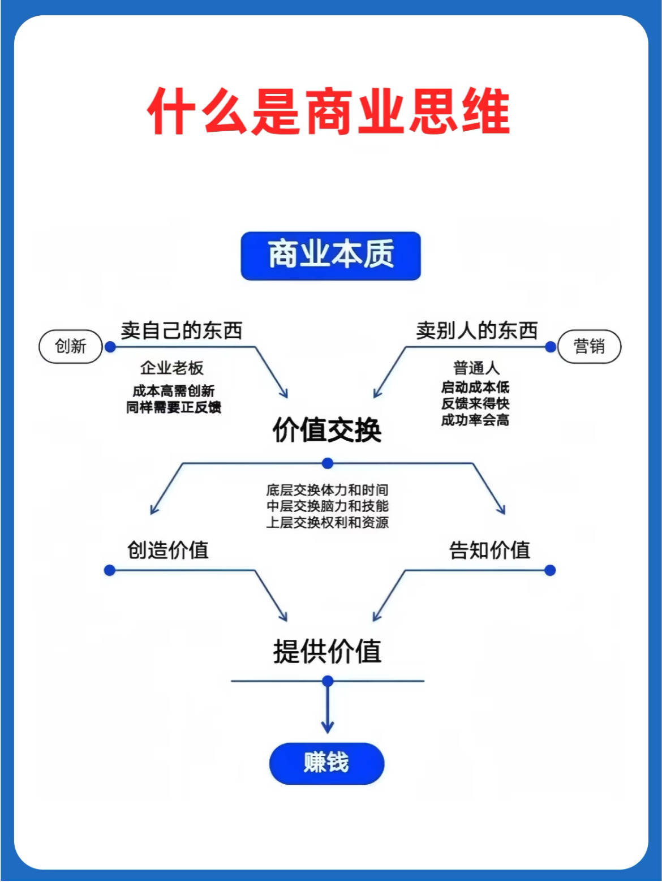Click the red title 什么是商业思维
(329, 111)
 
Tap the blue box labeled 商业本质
(330, 256)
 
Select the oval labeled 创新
(71, 346)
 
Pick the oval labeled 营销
(589, 346)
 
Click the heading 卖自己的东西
(182, 330)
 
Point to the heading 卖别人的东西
(477, 330)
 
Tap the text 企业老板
(172, 368)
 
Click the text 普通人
(476, 368)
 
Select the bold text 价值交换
(327, 430)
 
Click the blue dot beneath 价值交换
(328, 463)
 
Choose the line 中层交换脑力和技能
(328, 506)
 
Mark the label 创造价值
(168, 550)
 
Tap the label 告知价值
(489, 550)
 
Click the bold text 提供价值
(327, 651)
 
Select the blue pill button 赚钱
(326, 763)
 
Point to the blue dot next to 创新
(110, 347)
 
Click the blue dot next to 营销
(551, 347)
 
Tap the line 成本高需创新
(174, 390)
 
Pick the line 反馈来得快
(475, 403)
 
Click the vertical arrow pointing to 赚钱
(328, 708)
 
